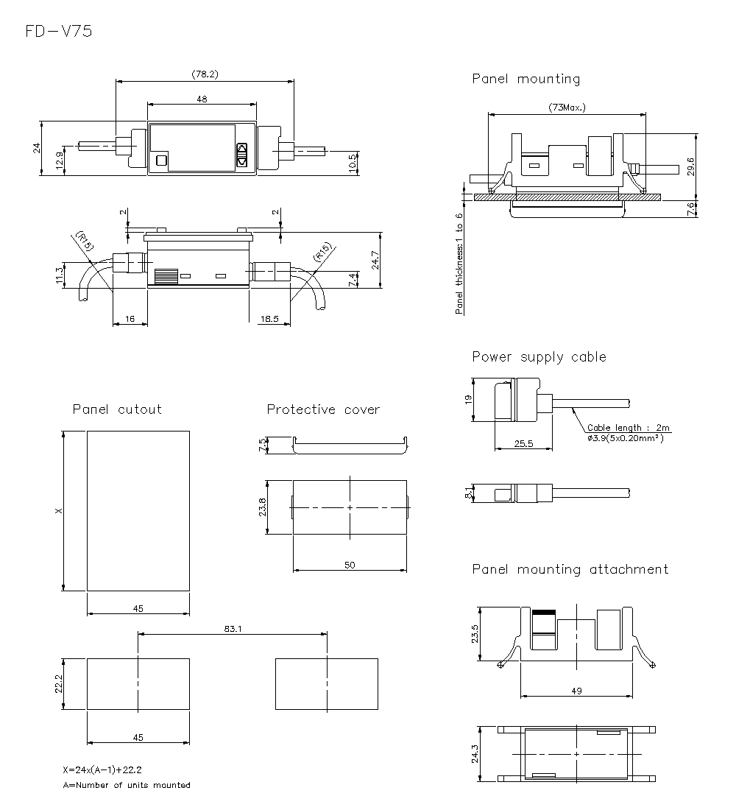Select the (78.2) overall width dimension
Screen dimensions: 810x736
pos(205,74)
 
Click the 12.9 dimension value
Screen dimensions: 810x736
pos(59,159)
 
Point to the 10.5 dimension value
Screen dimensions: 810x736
pos(353,163)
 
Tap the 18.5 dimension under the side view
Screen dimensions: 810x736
pos(269,320)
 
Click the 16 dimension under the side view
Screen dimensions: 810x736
pos(130,320)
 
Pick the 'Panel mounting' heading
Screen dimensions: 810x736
pos(526,79)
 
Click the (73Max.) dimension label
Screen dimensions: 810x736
pos(567,108)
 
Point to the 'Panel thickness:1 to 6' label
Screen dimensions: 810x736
pos(459,264)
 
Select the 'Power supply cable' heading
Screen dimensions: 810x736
pos(539,357)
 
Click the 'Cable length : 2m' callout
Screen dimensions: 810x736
pos(629,428)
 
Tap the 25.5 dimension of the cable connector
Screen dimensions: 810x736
pos(523,443)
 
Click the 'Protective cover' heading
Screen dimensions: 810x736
pos(323,409)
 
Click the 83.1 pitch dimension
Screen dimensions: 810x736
pos(233,628)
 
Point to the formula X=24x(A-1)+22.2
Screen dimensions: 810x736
pos(102,769)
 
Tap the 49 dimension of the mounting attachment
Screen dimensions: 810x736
pos(576,690)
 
